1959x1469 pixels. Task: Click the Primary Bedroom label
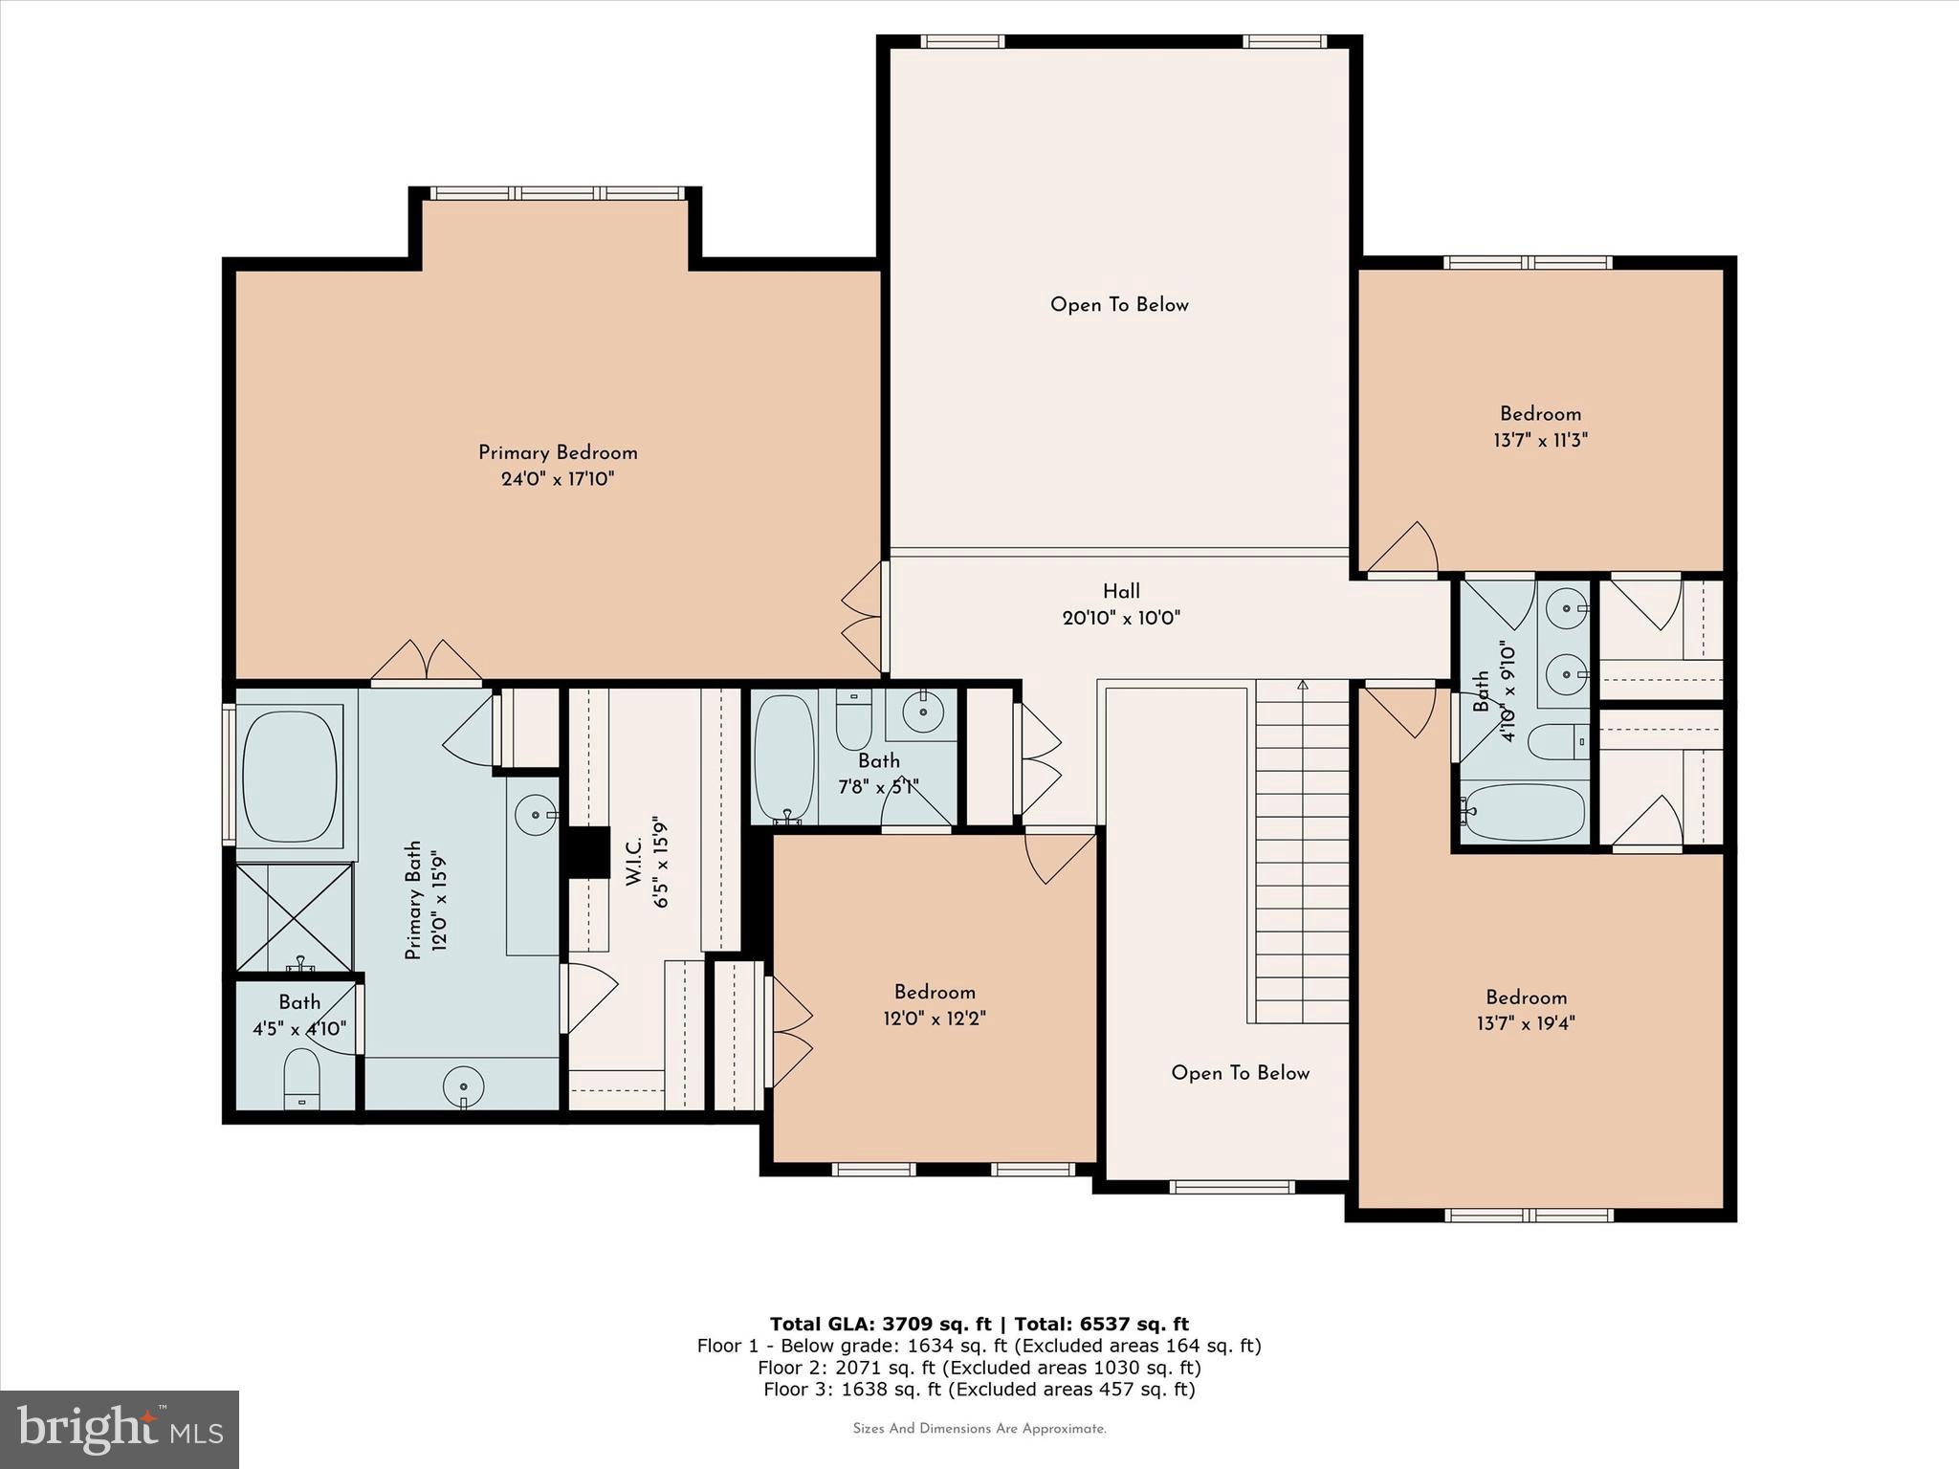[x=558, y=452]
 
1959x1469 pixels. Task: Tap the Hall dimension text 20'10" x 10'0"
[x=1121, y=618]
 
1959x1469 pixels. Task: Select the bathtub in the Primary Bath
[x=290, y=777]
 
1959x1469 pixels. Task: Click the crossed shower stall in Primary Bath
[x=295, y=916]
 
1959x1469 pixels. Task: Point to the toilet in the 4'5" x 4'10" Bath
[x=302, y=1079]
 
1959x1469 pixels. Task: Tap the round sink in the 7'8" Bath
[x=923, y=713]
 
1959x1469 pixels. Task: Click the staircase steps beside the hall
[x=1302, y=851]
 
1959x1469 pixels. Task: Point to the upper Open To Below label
[x=1119, y=305]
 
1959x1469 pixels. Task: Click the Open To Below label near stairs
[x=1240, y=1073]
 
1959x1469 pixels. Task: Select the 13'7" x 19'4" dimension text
[x=1526, y=1023]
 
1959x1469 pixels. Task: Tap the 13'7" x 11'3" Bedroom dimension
[x=1540, y=441]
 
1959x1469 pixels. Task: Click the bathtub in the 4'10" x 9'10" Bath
[x=1523, y=813]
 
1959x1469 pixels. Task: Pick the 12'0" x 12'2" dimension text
[x=935, y=1019]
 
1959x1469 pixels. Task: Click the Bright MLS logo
[x=120, y=1429]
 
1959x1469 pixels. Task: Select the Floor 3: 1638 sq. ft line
[x=979, y=1390]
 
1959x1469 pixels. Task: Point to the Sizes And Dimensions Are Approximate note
[x=979, y=1429]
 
